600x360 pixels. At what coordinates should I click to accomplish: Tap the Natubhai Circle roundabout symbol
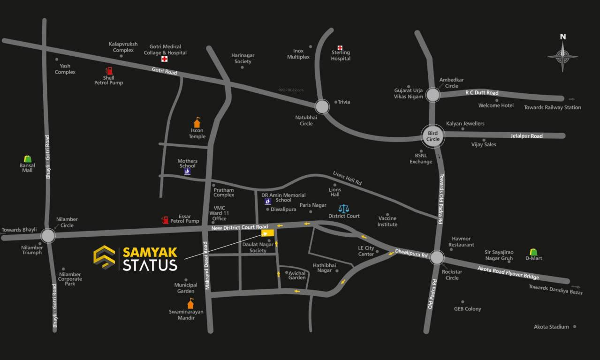coord(322,106)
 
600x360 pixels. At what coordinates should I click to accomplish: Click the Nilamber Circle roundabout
coord(48,235)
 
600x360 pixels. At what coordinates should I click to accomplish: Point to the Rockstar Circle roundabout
coord(436,257)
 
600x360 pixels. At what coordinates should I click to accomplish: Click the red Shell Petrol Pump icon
coord(109,71)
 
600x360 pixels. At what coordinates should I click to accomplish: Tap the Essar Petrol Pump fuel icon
coord(165,219)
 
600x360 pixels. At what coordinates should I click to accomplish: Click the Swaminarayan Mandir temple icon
coord(190,303)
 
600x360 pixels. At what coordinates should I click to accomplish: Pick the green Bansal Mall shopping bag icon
coord(28,158)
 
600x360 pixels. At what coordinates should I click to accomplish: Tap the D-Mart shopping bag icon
coord(533,252)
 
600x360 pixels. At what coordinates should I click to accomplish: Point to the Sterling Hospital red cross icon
coord(340,47)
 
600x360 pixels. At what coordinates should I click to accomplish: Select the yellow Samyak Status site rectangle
coord(267,233)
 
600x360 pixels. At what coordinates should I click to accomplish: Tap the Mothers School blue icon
coord(187,172)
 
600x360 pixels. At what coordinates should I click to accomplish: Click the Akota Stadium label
coord(551,327)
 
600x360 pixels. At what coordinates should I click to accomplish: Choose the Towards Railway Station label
coord(552,107)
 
